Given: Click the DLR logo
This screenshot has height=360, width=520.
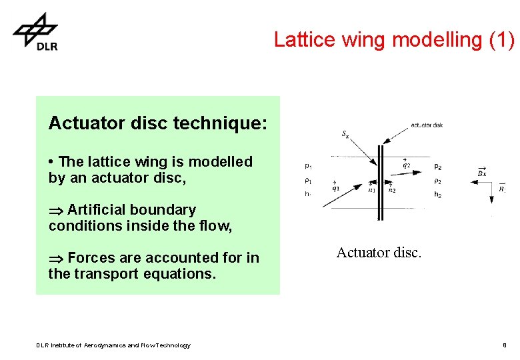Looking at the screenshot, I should [36, 32].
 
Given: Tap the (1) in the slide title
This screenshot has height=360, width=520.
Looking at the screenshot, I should [501, 40].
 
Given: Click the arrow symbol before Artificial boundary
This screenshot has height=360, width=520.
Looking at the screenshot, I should [55, 210].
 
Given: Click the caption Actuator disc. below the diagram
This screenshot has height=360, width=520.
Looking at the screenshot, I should [379, 253].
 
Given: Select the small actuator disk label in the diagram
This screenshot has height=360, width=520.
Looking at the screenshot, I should [427, 125].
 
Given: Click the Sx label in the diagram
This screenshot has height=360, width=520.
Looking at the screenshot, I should [345, 134].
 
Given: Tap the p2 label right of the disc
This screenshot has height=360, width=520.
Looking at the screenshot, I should [437, 166].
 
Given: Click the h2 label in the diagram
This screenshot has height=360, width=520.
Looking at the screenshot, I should [437, 195].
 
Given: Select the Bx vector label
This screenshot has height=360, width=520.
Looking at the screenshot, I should [481, 172].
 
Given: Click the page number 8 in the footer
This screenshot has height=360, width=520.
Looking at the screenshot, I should [505, 345].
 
